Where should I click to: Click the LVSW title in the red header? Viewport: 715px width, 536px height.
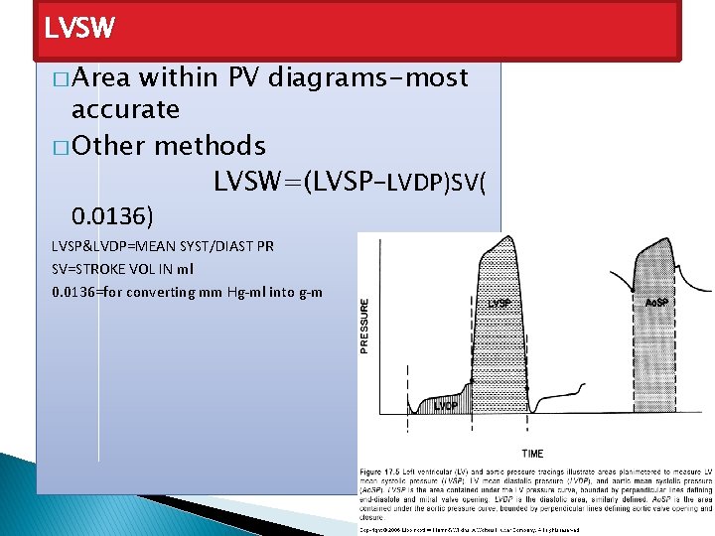[79, 28]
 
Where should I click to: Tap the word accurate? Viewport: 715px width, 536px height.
[126, 109]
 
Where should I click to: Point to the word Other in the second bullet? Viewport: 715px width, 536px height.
[109, 146]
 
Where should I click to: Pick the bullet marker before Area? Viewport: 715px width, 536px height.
[63, 79]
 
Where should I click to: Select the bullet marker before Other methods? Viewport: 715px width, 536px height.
[63, 148]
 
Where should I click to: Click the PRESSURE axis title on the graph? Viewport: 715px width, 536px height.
[364, 326]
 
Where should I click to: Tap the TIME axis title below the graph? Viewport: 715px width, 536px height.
[532, 454]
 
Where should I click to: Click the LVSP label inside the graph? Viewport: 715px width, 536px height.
[500, 303]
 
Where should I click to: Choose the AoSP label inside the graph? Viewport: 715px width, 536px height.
[657, 302]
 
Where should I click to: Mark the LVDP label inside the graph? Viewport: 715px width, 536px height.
[446, 405]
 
